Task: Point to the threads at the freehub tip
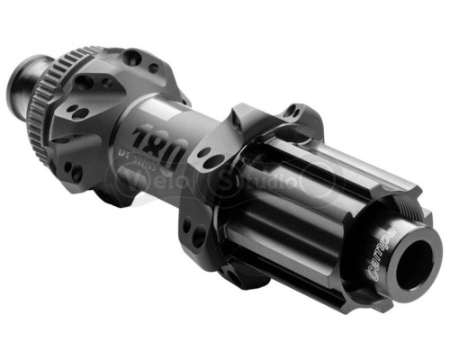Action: tap(423, 224)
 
